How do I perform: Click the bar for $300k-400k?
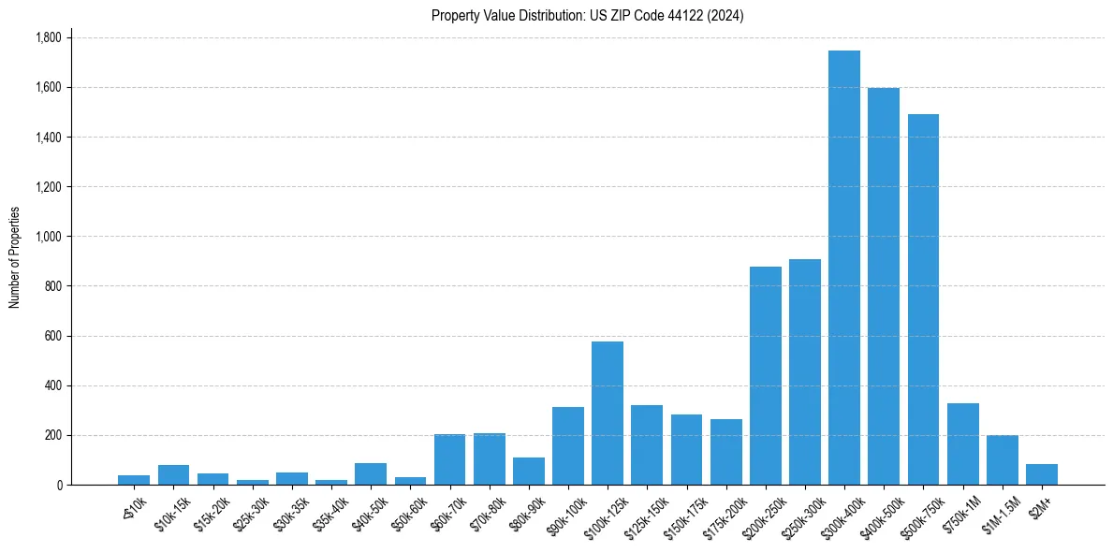(844, 268)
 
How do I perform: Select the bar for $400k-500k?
(884, 286)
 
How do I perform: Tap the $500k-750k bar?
(923, 299)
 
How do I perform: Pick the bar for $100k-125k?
(608, 413)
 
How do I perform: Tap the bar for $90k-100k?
(568, 445)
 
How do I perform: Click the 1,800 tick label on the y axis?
(48, 37)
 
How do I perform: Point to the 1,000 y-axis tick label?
(48, 237)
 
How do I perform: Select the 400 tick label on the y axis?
(52, 385)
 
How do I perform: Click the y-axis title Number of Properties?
(15, 257)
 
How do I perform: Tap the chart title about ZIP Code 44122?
(587, 15)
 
